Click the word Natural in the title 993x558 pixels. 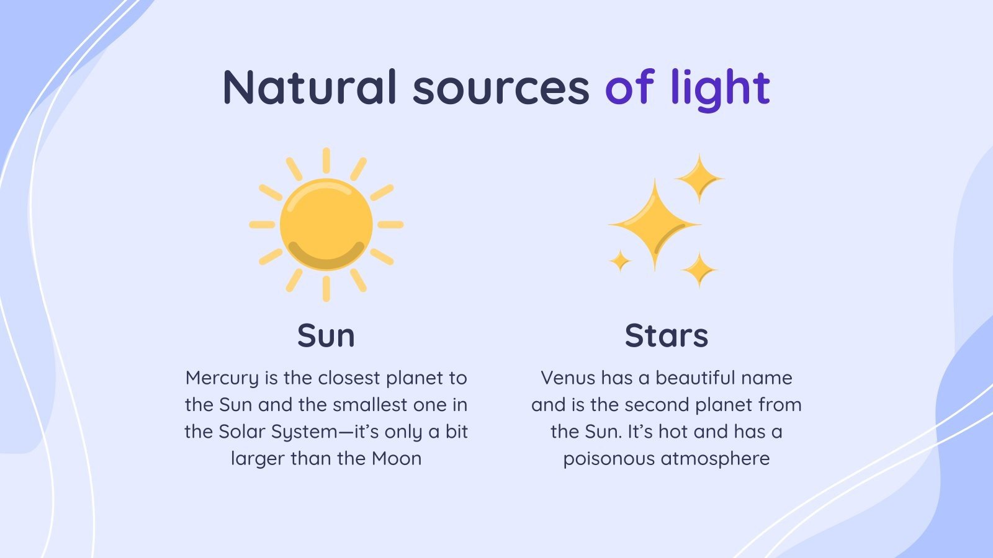(x=309, y=87)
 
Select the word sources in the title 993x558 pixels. (x=500, y=87)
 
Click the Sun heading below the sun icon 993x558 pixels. (x=326, y=335)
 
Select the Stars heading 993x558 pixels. (x=666, y=335)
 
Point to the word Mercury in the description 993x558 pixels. (x=222, y=378)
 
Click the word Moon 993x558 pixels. (x=397, y=458)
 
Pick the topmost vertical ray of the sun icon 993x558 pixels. (x=326, y=160)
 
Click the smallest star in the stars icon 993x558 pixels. (x=620, y=261)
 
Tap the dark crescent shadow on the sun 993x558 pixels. (x=326, y=258)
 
